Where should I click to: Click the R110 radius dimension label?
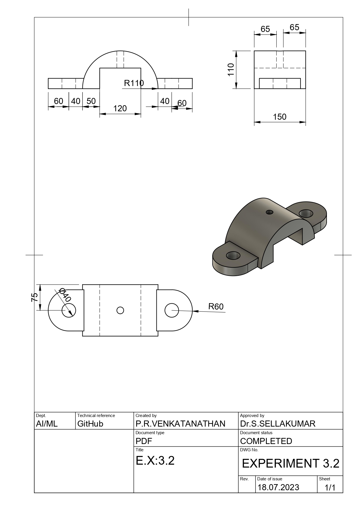[134, 83]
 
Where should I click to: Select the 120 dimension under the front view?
[120, 108]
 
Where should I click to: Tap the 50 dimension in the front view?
[91, 101]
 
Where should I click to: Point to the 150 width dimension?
[280, 117]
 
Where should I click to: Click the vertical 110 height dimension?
[231, 69]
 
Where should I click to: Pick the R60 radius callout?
[216, 307]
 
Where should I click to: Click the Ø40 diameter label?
[65, 295]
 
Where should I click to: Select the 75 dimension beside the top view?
[35, 297]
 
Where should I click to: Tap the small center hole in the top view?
[120, 310]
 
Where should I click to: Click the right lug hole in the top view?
[172, 310]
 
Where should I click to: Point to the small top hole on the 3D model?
[270, 212]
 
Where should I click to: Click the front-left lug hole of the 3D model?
[233, 256]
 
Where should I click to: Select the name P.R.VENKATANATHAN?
[180, 424]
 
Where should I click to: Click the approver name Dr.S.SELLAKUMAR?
[278, 424]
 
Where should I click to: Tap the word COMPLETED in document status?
[266, 441]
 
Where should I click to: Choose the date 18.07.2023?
[278, 487]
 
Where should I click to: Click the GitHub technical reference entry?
[90, 424]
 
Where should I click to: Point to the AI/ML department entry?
[47, 424]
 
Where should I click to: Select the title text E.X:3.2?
[155, 461]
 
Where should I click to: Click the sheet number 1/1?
[330, 488]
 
